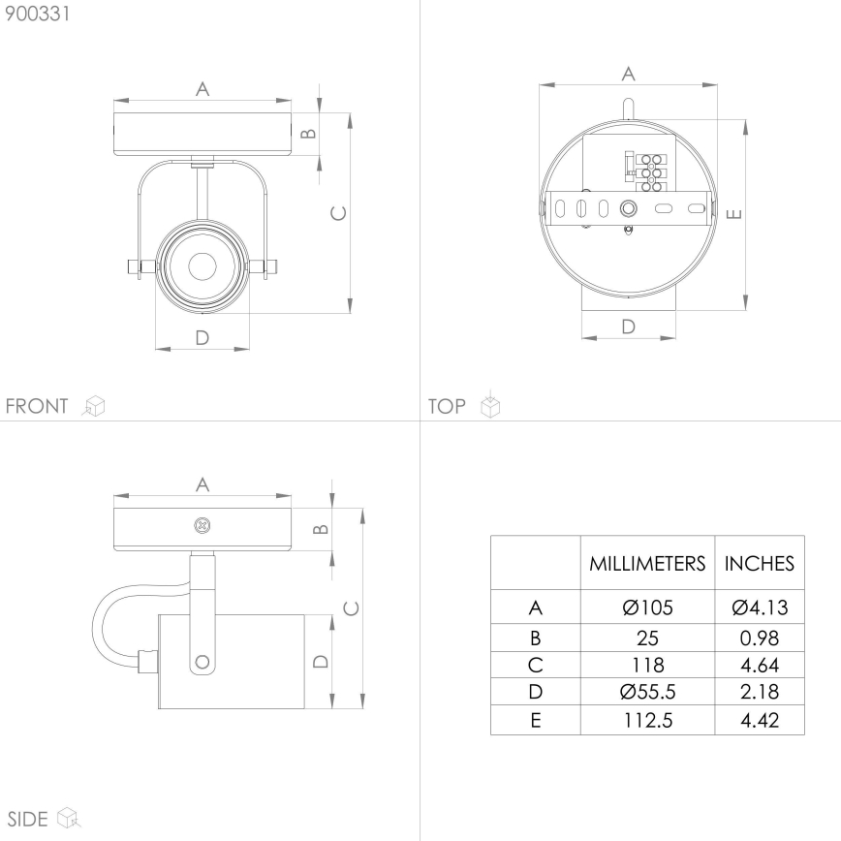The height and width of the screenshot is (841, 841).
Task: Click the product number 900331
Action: (37, 15)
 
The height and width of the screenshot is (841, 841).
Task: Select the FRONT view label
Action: (37, 406)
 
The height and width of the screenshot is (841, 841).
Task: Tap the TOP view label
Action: (447, 406)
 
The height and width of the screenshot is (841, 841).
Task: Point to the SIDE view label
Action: (27, 819)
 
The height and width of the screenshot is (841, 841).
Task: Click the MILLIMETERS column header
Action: (647, 563)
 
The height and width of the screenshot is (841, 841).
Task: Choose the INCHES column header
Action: (760, 563)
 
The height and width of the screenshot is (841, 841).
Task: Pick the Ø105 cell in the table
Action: (647, 608)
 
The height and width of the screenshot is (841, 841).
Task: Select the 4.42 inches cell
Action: (760, 721)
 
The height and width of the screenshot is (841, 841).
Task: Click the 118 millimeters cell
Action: (647, 666)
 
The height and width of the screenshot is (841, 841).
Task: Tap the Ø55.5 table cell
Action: (647, 693)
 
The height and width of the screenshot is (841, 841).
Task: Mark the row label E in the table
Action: (535, 721)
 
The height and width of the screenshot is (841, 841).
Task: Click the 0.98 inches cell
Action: (760, 639)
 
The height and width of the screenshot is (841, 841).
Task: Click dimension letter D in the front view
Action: (202, 337)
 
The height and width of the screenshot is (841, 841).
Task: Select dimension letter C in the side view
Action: (351, 607)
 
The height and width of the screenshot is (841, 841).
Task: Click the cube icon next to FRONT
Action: (94, 406)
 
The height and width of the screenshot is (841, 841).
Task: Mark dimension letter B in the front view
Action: (308, 134)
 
